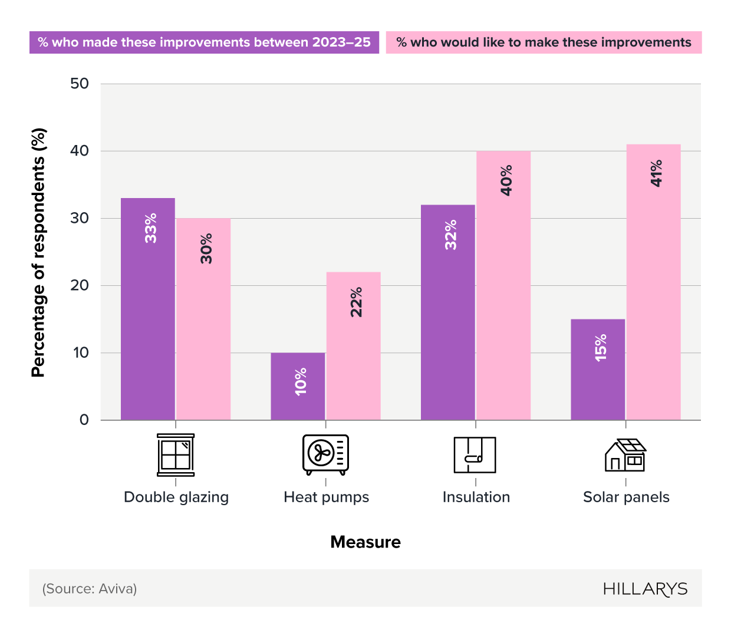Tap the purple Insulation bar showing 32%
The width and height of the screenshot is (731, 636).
tap(448, 312)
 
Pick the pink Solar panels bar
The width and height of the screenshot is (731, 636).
tap(653, 282)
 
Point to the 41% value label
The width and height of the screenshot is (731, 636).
tap(656, 173)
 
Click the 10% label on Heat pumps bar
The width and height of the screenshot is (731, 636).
tap(301, 381)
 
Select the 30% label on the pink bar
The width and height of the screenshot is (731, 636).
tap(206, 248)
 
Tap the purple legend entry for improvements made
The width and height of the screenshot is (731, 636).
tap(204, 42)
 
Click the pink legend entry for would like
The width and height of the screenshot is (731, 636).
tap(544, 42)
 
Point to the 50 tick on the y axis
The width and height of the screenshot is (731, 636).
tap(80, 84)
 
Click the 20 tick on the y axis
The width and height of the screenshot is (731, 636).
tap(80, 285)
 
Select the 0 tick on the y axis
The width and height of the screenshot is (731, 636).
tap(84, 420)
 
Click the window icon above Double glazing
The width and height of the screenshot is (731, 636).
tap(176, 454)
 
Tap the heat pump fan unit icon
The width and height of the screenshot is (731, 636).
tap(325, 454)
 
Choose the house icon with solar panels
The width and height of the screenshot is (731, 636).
tap(625, 454)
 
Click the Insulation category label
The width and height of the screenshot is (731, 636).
tap(476, 497)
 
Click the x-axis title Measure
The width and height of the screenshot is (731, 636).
tap(365, 542)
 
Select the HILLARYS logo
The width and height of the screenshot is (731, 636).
tap(645, 589)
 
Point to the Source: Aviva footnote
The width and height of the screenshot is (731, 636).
tap(90, 589)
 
